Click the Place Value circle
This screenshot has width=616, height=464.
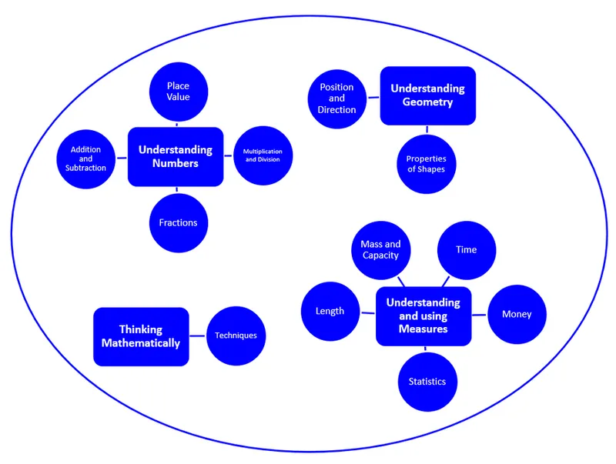tap(178, 92)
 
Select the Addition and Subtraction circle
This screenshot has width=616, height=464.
tap(85, 159)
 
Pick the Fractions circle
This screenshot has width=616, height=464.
tap(178, 222)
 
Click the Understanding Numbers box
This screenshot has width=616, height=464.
tap(176, 156)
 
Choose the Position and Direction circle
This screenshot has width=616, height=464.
tap(336, 98)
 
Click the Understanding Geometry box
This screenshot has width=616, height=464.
tap(427, 95)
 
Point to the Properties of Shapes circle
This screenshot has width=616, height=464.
tap(426, 164)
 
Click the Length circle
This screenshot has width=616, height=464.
tap(330, 312)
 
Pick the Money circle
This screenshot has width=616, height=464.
tap(517, 314)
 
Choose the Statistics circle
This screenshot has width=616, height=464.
tap(427, 382)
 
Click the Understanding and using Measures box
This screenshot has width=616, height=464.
tap(423, 315)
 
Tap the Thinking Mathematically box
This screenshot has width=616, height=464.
tap(141, 336)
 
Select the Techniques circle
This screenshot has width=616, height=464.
tap(236, 335)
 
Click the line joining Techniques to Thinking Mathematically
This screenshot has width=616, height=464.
tap(198, 335)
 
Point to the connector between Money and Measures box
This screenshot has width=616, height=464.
tap(479, 315)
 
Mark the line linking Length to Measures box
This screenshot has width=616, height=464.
tap(367, 312)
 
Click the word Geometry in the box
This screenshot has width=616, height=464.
tap(427, 102)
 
